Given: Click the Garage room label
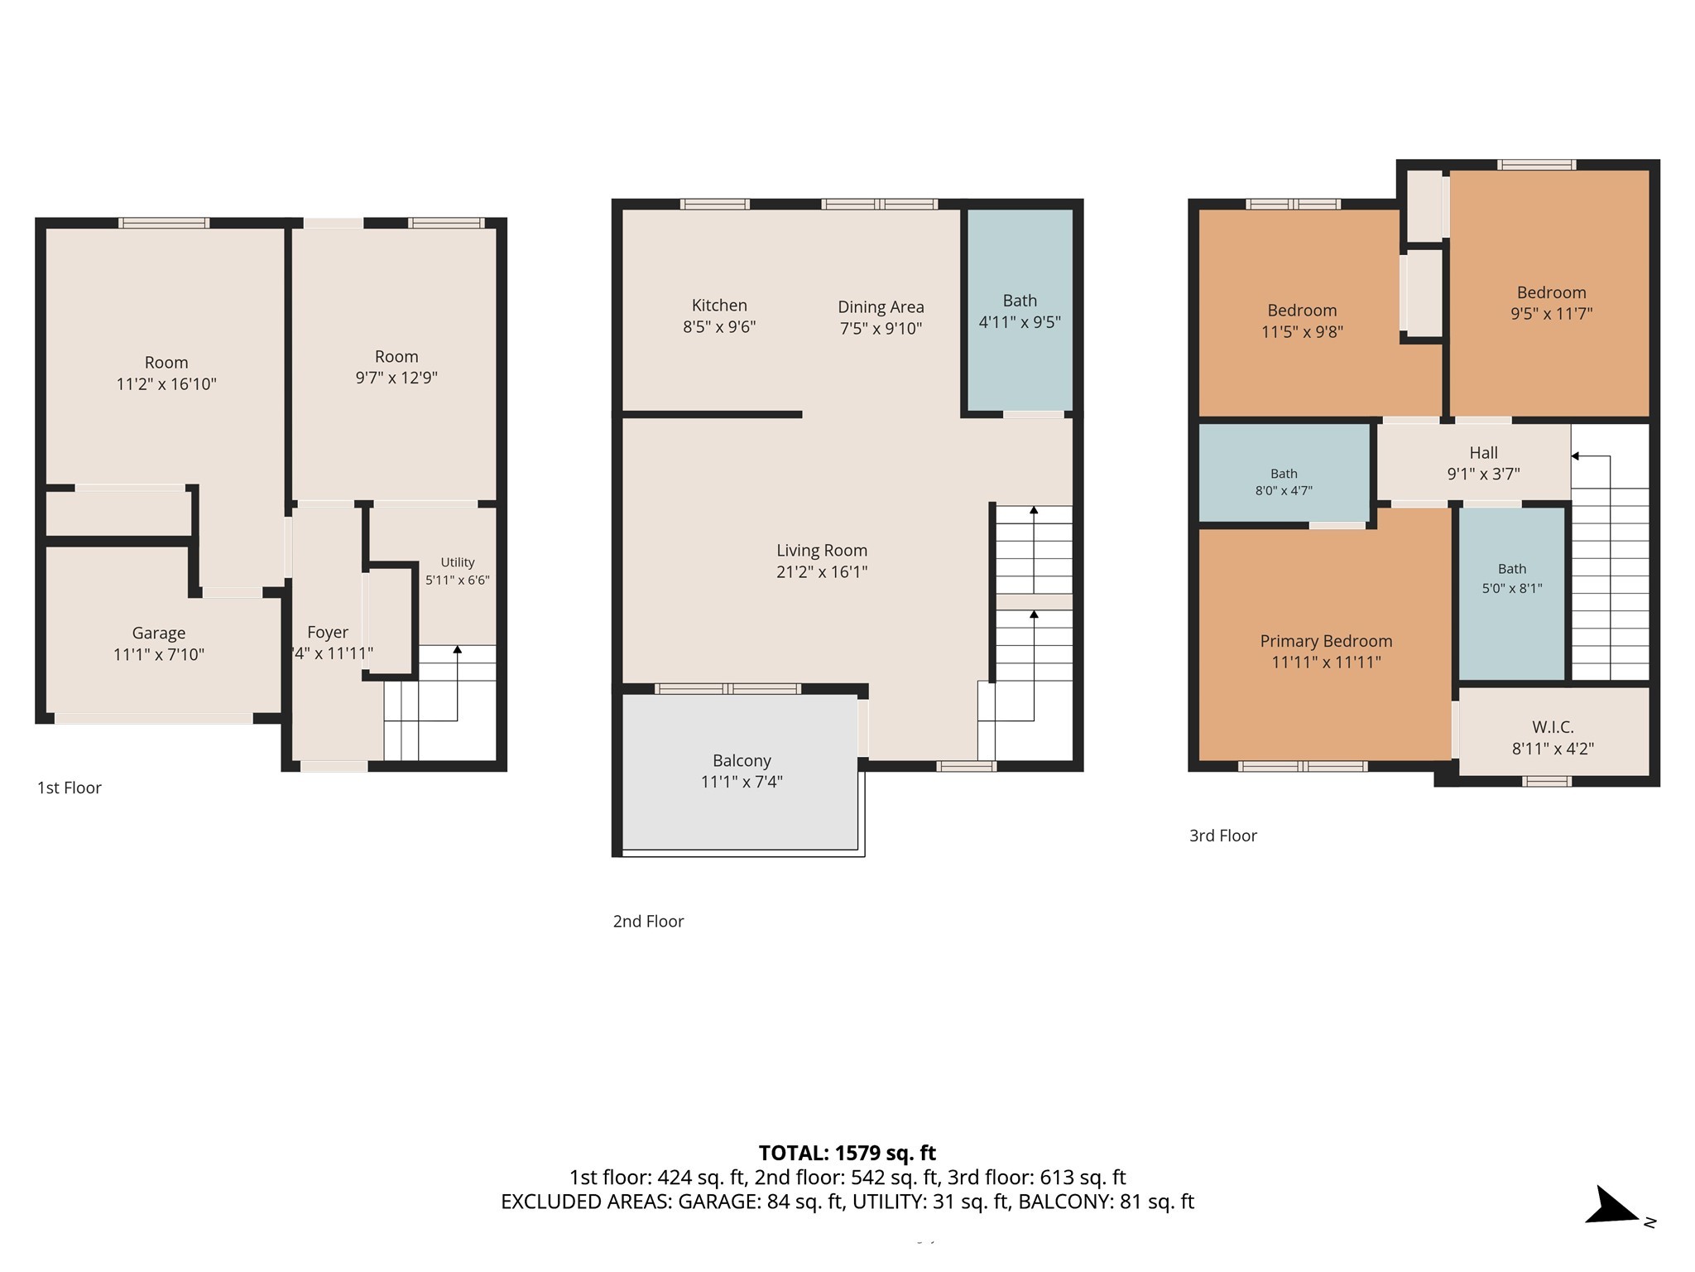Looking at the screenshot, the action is (159, 634).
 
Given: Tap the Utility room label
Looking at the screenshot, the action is (458, 562).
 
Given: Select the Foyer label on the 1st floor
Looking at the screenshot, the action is (328, 633).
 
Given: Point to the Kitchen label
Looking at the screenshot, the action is (719, 306).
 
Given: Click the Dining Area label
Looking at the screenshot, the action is (881, 307).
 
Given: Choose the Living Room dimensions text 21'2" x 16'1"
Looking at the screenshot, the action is (822, 572).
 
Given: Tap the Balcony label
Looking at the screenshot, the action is (742, 761).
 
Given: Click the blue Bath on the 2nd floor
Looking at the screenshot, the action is (1020, 310).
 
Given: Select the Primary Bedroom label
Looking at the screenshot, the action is (1326, 641).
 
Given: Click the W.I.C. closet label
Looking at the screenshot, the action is (1553, 727).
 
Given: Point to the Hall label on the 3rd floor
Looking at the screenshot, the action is (1483, 453).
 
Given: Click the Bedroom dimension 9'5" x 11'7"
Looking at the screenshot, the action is (1551, 314).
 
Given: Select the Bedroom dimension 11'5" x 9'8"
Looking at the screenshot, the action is (1302, 332).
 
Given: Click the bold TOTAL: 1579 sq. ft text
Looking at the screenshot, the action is (847, 1153).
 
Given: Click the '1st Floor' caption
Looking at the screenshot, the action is (70, 788).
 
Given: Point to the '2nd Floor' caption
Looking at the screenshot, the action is (648, 921).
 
